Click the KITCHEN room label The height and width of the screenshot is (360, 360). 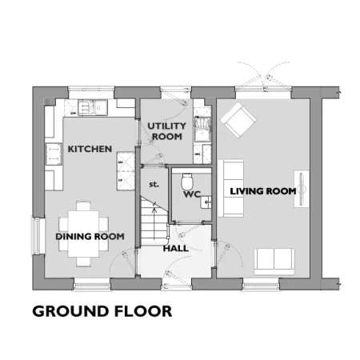90,149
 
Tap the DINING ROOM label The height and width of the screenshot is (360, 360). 90,237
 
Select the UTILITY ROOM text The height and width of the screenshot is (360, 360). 166,131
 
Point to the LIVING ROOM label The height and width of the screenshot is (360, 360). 263,191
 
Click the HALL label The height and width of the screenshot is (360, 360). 176,249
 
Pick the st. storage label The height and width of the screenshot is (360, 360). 154,184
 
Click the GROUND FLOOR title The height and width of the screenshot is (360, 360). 102,311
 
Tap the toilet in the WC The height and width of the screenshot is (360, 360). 186,181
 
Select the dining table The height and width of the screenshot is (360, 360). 83,234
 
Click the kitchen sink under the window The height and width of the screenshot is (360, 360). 93,107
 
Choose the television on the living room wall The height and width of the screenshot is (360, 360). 302,189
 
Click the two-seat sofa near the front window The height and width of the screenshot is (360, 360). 274,262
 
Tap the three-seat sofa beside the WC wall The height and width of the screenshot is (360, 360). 230,188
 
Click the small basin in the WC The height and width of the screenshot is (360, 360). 206,202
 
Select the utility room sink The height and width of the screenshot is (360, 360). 202,129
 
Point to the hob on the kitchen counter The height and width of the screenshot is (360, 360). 54,154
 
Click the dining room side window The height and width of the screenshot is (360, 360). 36,236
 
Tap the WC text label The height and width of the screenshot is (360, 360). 192,194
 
